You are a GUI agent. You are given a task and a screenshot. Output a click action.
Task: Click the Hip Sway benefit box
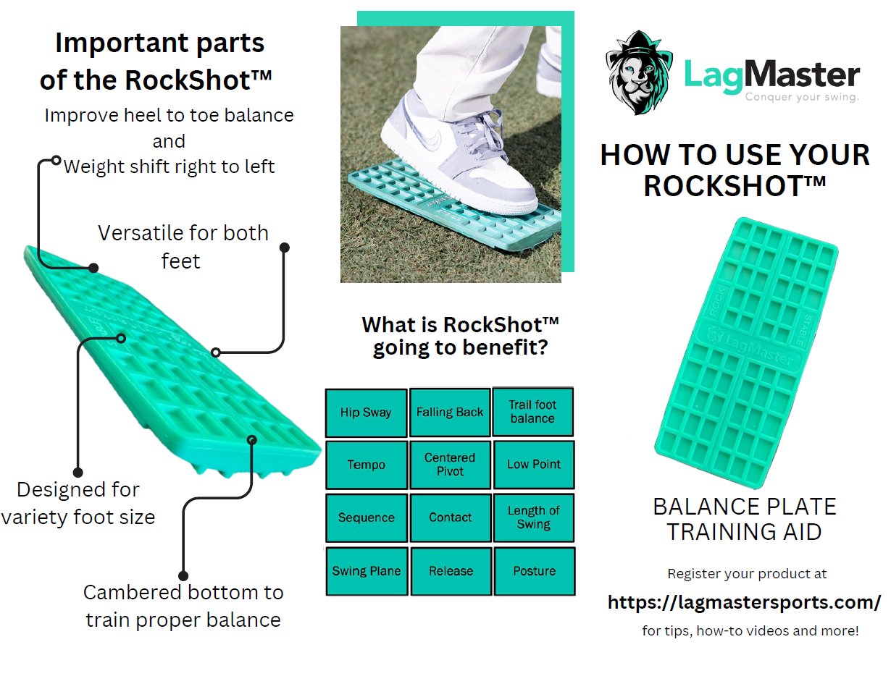point(366,413)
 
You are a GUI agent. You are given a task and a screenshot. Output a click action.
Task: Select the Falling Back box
point(450,413)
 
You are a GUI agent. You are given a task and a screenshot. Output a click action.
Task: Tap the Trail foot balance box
point(532,412)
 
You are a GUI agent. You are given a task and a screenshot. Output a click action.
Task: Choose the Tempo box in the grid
point(366,465)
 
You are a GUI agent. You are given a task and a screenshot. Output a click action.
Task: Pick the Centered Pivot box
point(450,465)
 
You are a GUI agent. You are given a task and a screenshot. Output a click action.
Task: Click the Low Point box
point(534,465)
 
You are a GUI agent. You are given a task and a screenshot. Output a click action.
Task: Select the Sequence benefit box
point(366,517)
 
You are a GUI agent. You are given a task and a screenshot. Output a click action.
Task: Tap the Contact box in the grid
point(450,517)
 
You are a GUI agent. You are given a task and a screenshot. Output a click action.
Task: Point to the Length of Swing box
point(534,517)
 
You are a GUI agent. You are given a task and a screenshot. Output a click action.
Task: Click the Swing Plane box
point(366,571)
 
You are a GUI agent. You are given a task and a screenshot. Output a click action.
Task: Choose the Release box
point(450,571)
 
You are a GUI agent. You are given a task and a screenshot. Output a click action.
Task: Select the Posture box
point(534,571)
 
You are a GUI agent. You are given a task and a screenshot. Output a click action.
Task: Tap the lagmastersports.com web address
point(744,602)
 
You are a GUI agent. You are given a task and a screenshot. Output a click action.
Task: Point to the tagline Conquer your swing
point(802,97)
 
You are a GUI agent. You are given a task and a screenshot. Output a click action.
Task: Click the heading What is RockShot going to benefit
point(460,336)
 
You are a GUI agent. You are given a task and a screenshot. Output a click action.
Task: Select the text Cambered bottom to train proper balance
point(183,606)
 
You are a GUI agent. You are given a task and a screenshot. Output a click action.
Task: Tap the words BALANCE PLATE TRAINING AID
point(745,519)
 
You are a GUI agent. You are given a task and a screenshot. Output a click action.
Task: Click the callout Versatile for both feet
point(183,247)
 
